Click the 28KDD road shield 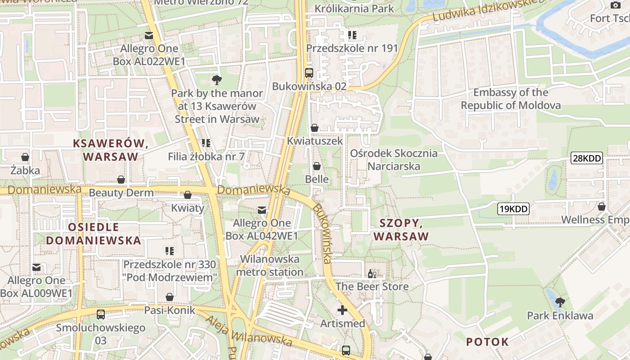(586, 158)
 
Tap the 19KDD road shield (513, 209)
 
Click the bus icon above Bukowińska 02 (309, 72)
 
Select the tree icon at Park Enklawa (560, 301)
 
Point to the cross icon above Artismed (342, 310)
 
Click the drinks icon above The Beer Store (372, 273)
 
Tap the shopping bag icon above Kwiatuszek (315, 128)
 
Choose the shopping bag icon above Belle (317, 166)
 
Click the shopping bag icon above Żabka (25, 157)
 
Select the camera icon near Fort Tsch (615, 5)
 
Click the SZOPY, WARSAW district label (401, 229)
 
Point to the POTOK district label (487, 342)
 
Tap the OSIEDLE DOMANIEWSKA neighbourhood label (94, 234)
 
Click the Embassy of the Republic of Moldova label (511, 99)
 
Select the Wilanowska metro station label (270, 265)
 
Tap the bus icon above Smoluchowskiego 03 (101, 314)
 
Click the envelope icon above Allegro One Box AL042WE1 (261, 210)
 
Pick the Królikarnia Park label (354, 8)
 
